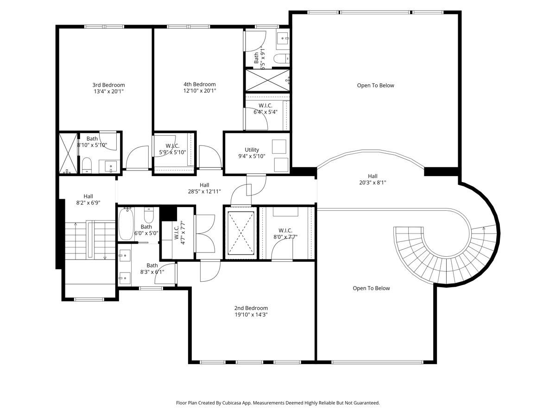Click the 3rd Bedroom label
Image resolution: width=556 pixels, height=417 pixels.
(x=108, y=85)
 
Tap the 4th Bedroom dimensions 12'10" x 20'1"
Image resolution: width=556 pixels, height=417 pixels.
(x=199, y=91)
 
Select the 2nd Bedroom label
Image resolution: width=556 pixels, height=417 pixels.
(x=251, y=308)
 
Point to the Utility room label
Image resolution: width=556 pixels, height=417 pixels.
(x=252, y=150)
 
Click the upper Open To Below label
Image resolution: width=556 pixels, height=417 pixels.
(x=375, y=85)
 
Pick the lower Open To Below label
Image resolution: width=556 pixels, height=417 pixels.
(x=371, y=288)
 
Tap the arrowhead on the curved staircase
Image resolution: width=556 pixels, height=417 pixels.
(x=483, y=227)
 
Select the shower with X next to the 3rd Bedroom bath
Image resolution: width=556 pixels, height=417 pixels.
(x=68, y=153)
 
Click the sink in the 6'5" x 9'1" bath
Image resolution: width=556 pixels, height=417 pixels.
(x=283, y=38)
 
